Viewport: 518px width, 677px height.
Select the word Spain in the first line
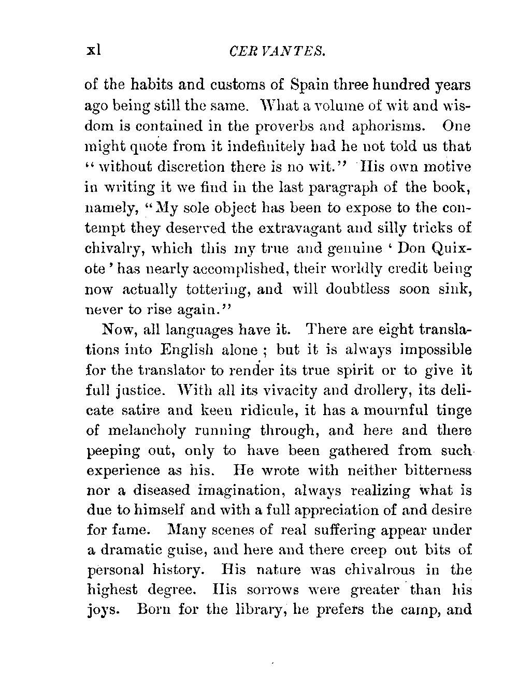[310, 84]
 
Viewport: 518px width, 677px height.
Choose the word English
[190, 350]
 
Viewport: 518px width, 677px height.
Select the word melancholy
[157, 431]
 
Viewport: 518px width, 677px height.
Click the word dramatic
[140, 550]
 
